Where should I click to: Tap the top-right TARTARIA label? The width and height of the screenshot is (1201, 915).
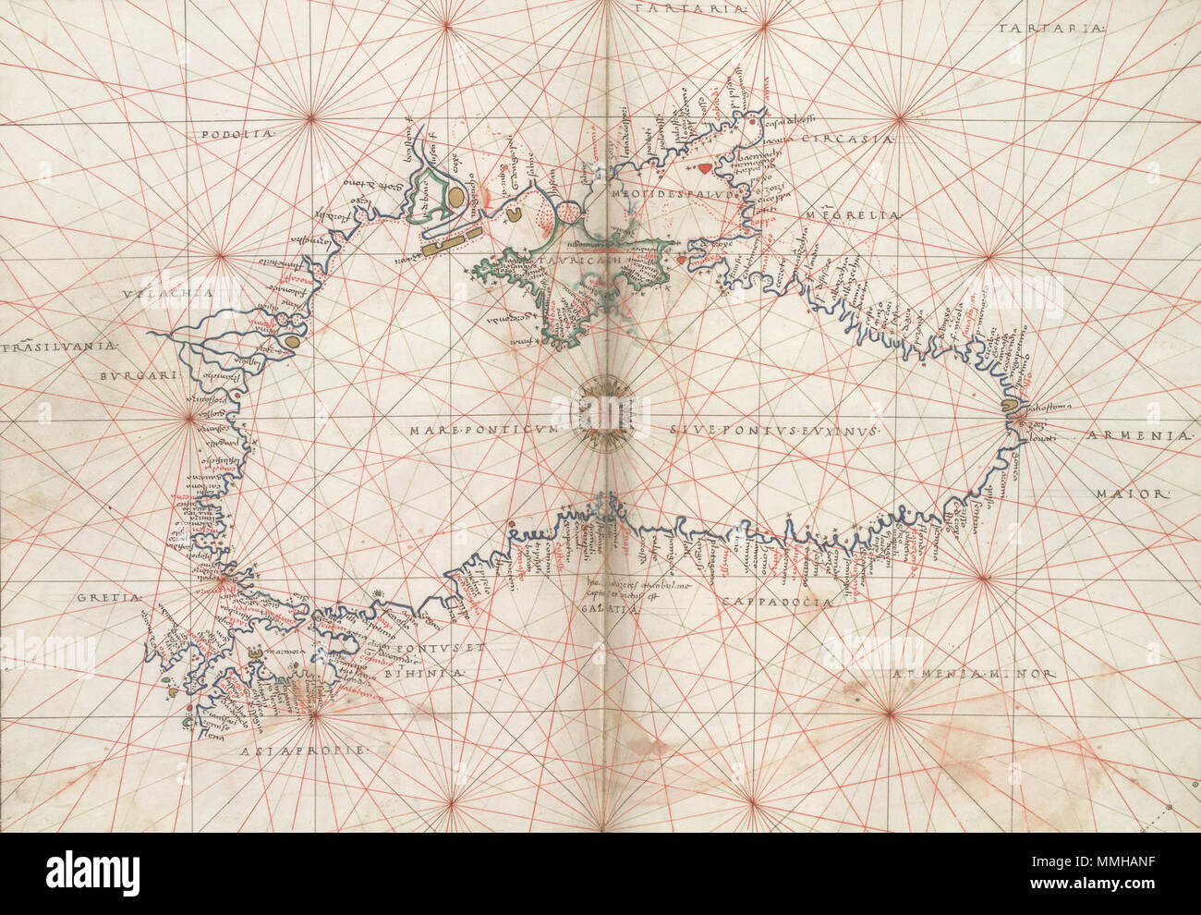(x=1051, y=30)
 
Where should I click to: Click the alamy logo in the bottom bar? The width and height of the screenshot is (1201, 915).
(x=92, y=872)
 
